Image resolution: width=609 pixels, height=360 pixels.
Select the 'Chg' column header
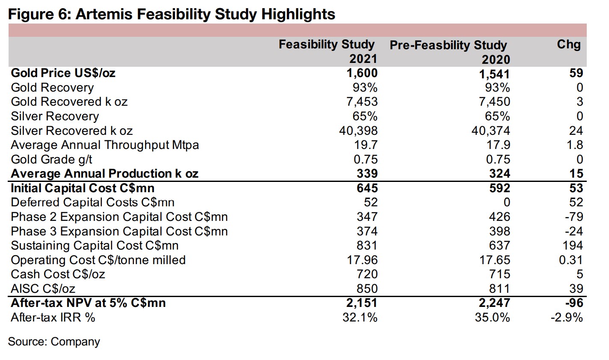click(568, 44)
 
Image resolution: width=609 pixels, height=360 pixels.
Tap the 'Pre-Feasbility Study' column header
click(448, 45)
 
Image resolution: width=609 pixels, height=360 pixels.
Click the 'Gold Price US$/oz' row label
click(63, 73)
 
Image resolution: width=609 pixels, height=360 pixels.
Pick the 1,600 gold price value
click(362, 73)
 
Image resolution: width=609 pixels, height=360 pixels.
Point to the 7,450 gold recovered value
click(494, 102)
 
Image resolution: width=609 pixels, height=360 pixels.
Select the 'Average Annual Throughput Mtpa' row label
click(105, 145)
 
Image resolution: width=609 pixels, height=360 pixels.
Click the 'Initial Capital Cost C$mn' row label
click(83, 188)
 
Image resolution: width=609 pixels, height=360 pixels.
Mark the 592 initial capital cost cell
click(499, 188)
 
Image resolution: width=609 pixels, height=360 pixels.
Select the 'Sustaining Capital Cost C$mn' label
click(95, 246)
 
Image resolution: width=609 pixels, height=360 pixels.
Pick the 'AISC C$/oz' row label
click(43, 289)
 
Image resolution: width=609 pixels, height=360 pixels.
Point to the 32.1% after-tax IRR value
click(360, 318)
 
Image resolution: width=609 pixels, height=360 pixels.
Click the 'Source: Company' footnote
click(54, 342)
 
